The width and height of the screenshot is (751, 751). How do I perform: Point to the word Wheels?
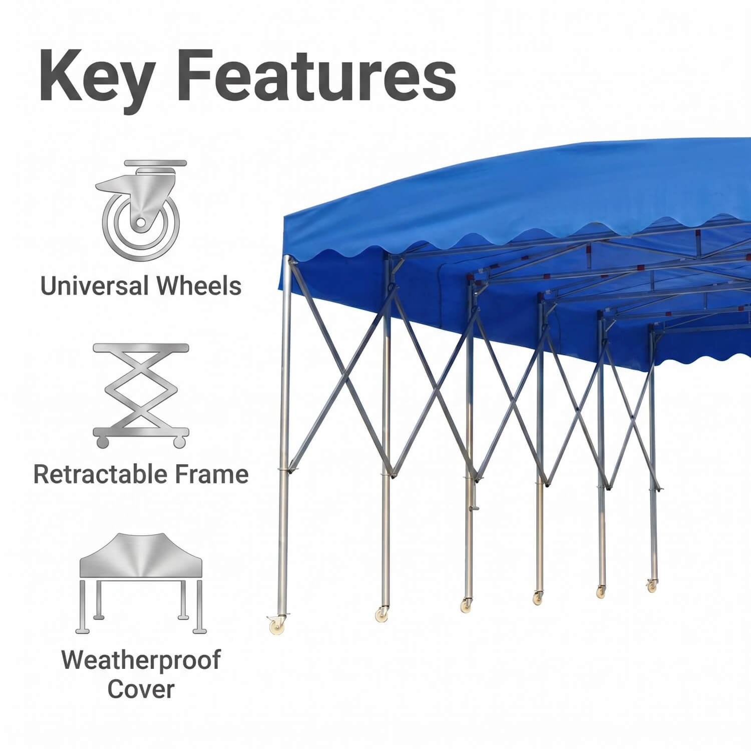199,286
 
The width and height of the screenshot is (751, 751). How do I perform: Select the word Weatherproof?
141,660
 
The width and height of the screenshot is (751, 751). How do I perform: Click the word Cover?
141,689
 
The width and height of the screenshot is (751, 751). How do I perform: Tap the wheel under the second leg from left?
382,613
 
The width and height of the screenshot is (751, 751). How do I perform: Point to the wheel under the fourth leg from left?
537,598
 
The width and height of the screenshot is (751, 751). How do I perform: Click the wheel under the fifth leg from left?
601,591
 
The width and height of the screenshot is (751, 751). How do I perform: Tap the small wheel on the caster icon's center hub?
141,221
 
